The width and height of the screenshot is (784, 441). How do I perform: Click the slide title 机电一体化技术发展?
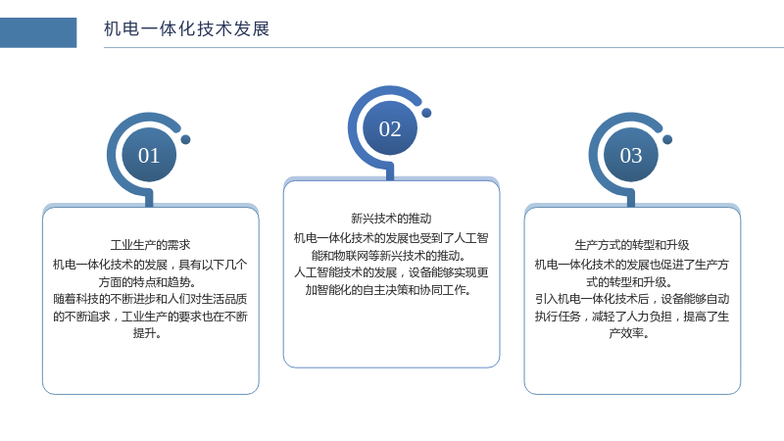[186, 29]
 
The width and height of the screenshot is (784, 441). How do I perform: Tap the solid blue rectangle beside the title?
[38, 32]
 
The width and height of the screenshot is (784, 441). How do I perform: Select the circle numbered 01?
[149, 155]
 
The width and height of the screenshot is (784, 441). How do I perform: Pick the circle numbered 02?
[390, 128]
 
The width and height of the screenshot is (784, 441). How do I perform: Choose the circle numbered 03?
[631, 155]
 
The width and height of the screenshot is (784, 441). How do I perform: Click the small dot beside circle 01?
[185, 139]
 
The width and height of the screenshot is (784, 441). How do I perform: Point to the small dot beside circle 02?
[426, 113]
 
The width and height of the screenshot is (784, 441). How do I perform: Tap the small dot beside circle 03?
[667, 139]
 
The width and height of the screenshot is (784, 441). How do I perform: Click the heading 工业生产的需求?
[151, 245]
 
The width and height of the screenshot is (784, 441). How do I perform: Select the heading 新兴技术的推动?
[391, 219]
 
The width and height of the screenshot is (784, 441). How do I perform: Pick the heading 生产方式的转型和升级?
[632, 245]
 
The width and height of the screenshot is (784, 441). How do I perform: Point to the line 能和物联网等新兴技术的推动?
[389, 256]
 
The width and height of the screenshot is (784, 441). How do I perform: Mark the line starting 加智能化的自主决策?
[388, 290]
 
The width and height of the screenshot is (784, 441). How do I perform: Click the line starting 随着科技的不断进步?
[151, 299]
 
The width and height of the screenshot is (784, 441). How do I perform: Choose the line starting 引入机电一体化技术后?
[632, 299]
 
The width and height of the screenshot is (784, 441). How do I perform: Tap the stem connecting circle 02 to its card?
[390, 173]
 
